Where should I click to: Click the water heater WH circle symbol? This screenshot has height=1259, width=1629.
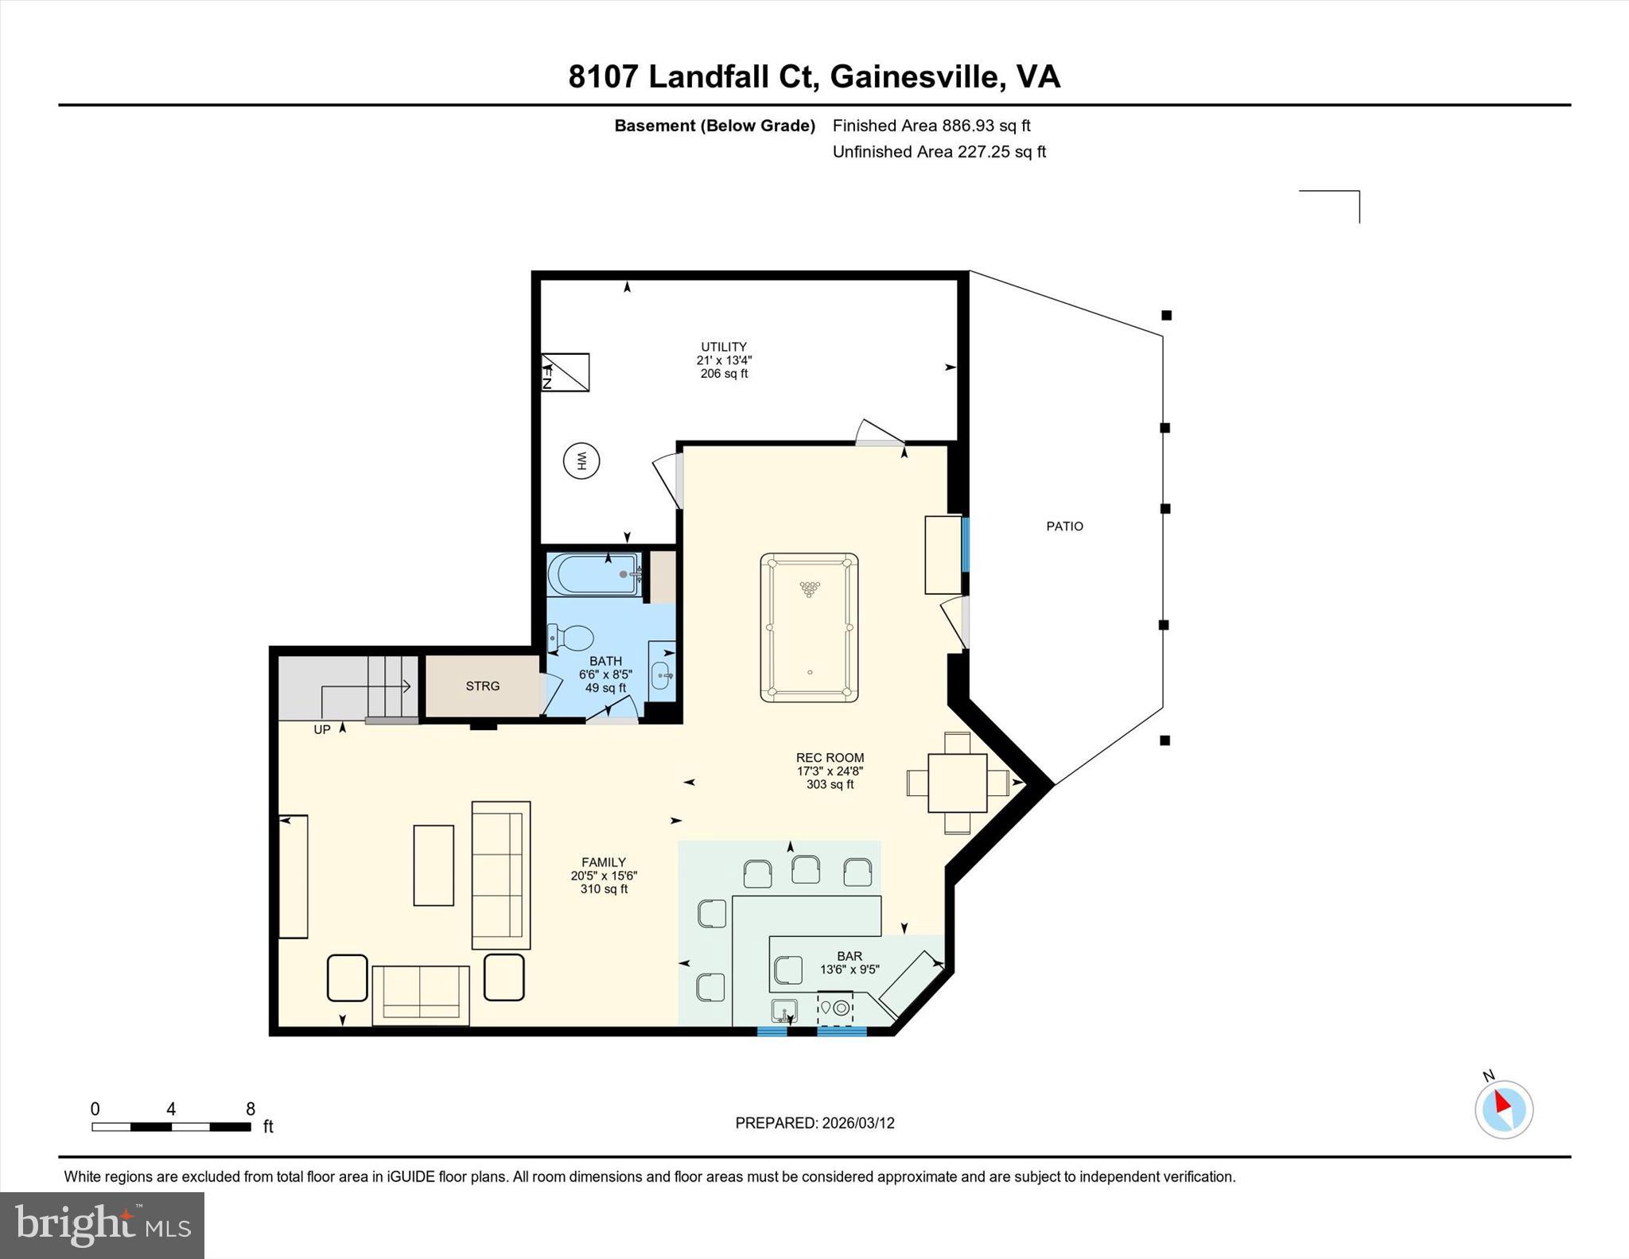(x=581, y=460)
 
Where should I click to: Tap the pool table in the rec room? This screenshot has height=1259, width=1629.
(x=809, y=628)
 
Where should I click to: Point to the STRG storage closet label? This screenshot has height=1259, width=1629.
(x=483, y=686)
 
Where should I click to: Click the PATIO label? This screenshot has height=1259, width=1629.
(x=1064, y=526)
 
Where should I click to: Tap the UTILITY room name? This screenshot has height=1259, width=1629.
(x=723, y=347)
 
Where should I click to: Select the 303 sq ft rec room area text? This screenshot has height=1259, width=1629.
(x=830, y=784)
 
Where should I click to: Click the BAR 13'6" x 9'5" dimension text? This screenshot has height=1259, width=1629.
(x=849, y=969)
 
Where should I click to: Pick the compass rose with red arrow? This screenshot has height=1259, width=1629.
(x=1503, y=1109)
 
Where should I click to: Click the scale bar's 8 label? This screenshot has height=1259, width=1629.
(x=250, y=1109)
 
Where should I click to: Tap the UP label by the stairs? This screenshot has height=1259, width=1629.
(x=321, y=729)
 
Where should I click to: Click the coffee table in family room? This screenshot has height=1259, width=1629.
(x=433, y=865)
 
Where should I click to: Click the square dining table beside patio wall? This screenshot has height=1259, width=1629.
(x=957, y=783)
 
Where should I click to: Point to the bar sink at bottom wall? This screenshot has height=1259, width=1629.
(x=784, y=1011)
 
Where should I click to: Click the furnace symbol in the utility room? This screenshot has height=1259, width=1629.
(x=565, y=372)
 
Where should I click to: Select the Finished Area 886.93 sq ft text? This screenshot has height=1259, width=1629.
(x=931, y=126)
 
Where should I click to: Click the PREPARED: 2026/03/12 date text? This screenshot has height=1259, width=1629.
(x=814, y=1123)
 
